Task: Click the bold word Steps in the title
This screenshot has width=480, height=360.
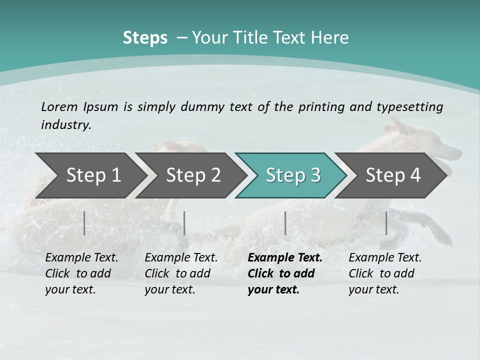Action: [x=145, y=38]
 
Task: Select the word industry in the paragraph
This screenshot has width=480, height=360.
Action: [x=65, y=125]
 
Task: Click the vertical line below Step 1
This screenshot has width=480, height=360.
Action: [x=84, y=223]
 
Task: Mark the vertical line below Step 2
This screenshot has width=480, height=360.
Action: [x=184, y=223]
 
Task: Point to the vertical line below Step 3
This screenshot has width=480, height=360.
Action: [x=285, y=223]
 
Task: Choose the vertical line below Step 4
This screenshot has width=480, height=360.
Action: [x=386, y=223]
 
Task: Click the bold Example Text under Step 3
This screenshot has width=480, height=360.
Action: [x=285, y=258]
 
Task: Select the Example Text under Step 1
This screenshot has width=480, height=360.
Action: [x=81, y=258]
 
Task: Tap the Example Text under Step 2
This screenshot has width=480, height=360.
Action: [x=181, y=258]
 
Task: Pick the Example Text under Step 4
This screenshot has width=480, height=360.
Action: [x=385, y=258]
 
